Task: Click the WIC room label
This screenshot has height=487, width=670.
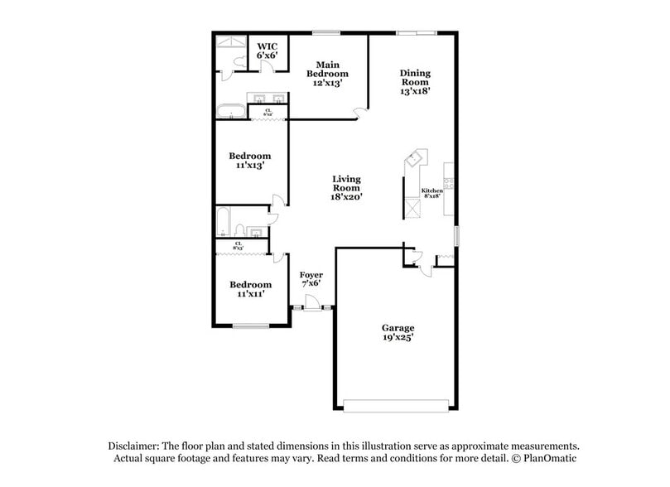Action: [x=266, y=51]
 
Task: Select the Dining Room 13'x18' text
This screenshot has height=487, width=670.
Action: [x=415, y=82]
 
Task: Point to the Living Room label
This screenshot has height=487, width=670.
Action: [x=346, y=188]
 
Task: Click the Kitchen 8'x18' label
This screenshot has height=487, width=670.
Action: [x=433, y=194]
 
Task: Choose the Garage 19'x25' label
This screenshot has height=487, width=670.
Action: [x=398, y=332]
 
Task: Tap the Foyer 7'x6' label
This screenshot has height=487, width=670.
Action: [x=311, y=279]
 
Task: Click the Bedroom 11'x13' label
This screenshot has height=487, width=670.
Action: [x=249, y=161]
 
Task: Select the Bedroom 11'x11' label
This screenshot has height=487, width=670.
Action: [x=249, y=289]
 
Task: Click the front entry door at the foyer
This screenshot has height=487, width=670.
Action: [x=313, y=308]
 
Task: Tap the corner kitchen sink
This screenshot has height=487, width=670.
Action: [x=416, y=156]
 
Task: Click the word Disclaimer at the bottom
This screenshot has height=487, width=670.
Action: [x=131, y=445]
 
